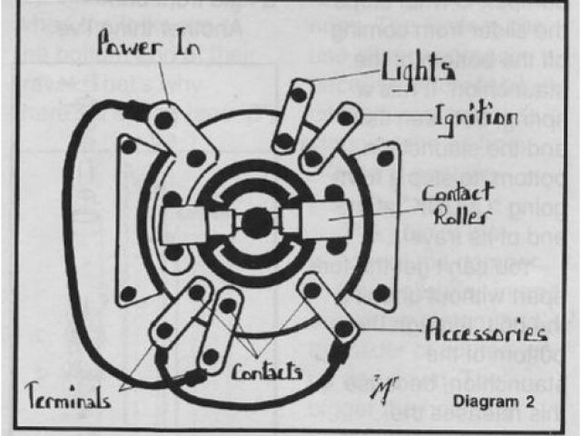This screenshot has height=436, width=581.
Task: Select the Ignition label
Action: pos(475,117)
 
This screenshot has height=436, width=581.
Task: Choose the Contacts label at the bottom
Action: pos(269,372)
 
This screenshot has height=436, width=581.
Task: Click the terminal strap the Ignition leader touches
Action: pos(329,136)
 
